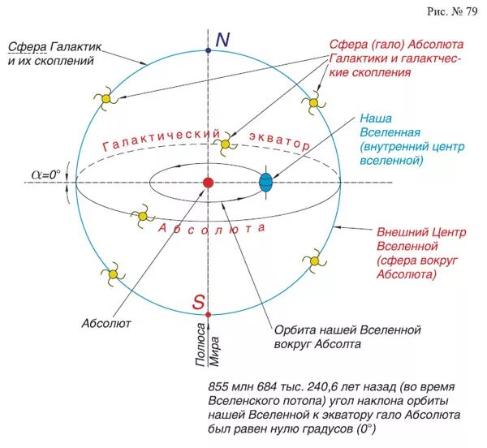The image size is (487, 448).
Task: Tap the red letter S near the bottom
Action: tap(198, 302)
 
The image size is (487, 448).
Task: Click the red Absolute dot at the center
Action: tap(208, 182)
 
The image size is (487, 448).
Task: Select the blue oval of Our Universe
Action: tap(265, 181)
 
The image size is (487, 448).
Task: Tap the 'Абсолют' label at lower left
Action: tap(106, 322)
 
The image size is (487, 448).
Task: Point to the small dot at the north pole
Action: tap(209, 50)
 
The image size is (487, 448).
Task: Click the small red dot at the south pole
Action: tap(209, 314)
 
